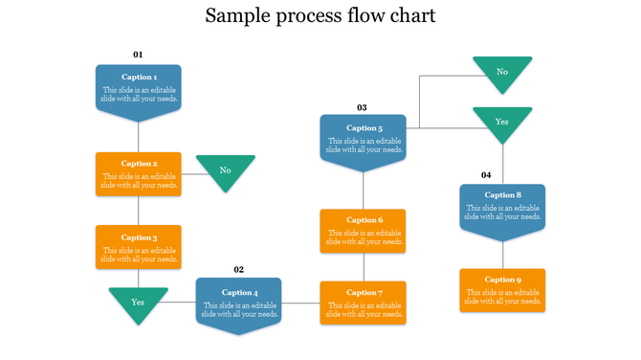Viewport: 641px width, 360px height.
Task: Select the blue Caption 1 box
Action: [x=139, y=90]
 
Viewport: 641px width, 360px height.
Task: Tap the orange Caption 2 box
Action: [x=139, y=173]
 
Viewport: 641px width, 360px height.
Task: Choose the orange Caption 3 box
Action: [x=139, y=247]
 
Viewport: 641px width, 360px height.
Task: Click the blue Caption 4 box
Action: [x=239, y=304]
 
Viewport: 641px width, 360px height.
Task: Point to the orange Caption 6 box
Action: [x=363, y=231]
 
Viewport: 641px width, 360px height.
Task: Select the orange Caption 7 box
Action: [x=363, y=303]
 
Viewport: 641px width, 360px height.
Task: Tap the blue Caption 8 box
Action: [x=502, y=209]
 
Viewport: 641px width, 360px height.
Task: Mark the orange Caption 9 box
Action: [x=502, y=290]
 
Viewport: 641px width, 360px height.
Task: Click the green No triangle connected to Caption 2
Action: [x=226, y=170]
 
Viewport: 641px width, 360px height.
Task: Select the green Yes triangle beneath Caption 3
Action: [x=139, y=303]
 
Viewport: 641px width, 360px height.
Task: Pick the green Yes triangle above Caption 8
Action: [x=502, y=123]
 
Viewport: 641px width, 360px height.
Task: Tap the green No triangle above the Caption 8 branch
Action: [x=502, y=72]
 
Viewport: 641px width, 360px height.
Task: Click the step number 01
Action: [x=138, y=55]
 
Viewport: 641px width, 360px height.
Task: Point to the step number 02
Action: [x=239, y=270]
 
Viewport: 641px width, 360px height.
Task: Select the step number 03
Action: [x=362, y=107]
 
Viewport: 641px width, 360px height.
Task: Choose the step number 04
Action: [x=486, y=175]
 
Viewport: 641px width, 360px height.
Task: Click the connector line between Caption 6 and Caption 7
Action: [x=363, y=267]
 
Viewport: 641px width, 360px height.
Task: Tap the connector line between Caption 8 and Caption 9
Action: [x=502, y=254]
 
